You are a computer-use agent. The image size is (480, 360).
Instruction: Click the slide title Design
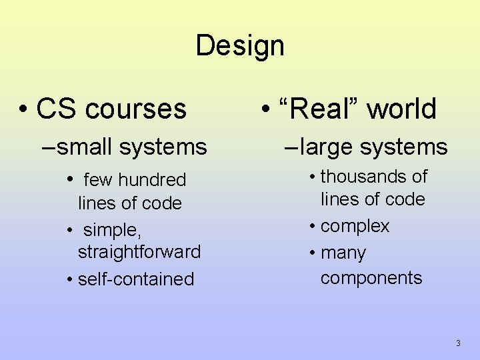[240, 46]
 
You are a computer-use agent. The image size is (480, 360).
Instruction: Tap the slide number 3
[458, 343]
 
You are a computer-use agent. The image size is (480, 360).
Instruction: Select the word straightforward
[139, 252]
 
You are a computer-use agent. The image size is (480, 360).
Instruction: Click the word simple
[111, 230]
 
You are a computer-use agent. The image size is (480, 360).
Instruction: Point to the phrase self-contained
[135, 279]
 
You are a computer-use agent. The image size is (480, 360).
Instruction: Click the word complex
[355, 226]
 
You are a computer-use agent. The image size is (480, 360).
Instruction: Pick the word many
[343, 253]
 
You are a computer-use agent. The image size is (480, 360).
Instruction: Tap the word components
[371, 277]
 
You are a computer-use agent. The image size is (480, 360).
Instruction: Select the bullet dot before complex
[312, 227]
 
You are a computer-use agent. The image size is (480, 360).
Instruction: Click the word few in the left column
[98, 180]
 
